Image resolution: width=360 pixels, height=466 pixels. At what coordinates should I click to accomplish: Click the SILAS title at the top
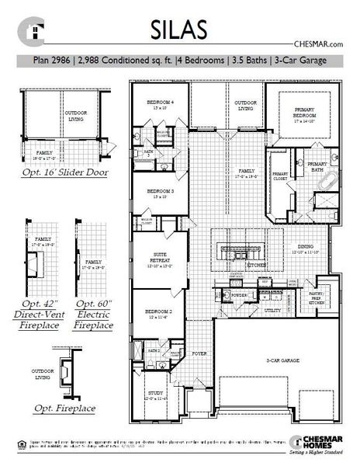179,29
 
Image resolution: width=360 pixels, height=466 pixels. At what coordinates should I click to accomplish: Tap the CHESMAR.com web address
319,45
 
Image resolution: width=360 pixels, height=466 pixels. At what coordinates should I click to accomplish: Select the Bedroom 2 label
158,313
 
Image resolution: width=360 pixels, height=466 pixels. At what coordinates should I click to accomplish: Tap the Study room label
157,397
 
